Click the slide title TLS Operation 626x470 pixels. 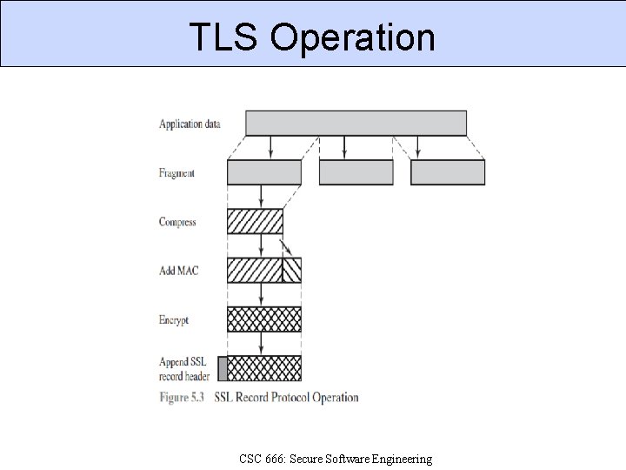(x=312, y=37)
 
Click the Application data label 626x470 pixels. (x=190, y=124)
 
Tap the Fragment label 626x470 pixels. (x=176, y=173)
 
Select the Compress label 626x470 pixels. (x=177, y=222)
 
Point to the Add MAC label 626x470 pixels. (x=178, y=271)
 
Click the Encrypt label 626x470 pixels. (x=174, y=319)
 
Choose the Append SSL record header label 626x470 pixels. (x=184, y=368)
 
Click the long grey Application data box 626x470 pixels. (x=356, y=123)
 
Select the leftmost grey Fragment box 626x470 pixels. (x=264, y=172)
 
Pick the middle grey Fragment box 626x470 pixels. (x=344, y=172)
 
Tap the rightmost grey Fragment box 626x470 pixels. (x=448, y=172)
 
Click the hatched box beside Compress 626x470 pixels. (x=255, y=221)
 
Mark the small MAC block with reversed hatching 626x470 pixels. (x=292, y=271)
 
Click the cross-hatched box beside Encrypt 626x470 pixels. (x=264, y=319)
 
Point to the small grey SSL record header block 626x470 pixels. (x=223, y=368)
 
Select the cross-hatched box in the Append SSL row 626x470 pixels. (x=264, y=368)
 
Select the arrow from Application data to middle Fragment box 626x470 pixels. (x=344, y=147)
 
